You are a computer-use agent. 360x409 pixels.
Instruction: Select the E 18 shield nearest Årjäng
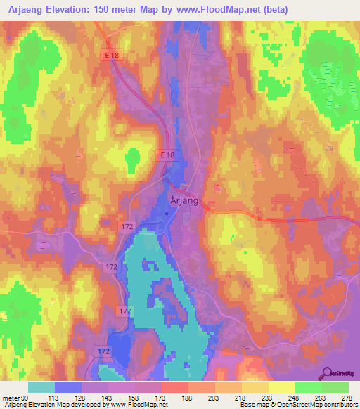click(x=166, y=155)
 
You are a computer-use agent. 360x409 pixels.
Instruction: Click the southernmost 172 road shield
click(x=103, y=350)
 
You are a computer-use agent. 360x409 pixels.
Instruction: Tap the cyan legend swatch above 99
click(x=41, y=387)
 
